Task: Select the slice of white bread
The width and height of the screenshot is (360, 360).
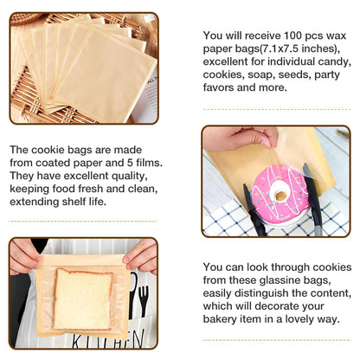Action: click(82, 299)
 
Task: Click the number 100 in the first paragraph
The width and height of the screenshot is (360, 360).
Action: click(292, 35)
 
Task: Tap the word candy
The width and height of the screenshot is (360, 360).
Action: click(331, 61)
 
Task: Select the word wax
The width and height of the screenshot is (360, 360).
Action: click(336, 35)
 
